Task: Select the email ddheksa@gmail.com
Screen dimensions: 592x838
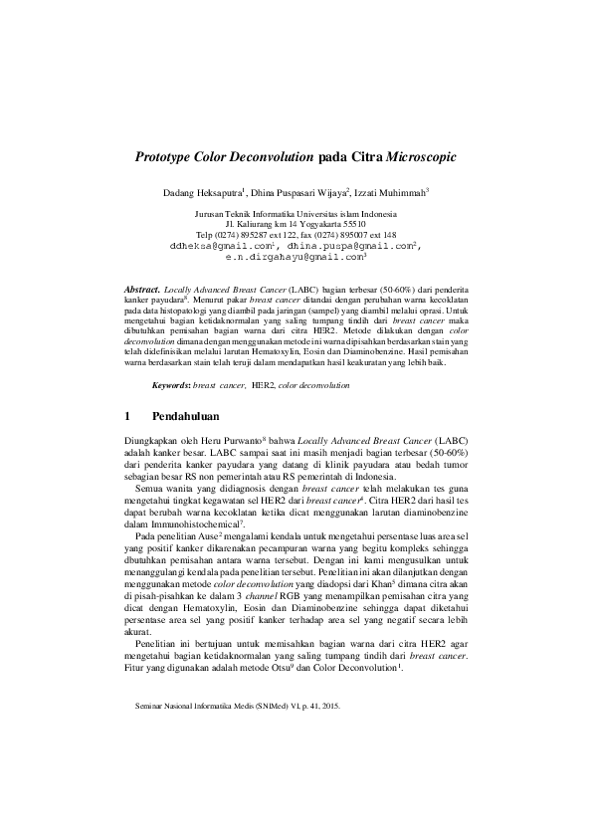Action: click(x=221, y=245)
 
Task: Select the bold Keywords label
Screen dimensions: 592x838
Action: click(x=170, y=383)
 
